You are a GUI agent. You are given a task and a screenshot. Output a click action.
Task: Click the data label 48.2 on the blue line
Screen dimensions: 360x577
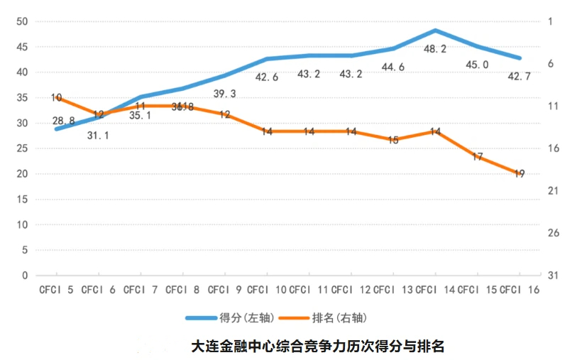(x=434, y=49)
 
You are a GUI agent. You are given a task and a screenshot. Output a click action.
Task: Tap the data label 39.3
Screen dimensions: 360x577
(x=225, y=94)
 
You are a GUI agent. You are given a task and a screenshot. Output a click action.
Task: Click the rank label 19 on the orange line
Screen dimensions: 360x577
(x=519, y=173)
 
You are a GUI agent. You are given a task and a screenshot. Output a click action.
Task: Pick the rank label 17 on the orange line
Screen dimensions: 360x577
(x=477, y=156)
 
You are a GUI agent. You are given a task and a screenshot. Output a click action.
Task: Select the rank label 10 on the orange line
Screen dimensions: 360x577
(x=57, y=97)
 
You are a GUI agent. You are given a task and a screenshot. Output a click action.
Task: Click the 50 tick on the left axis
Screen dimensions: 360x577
(x=21, y=21)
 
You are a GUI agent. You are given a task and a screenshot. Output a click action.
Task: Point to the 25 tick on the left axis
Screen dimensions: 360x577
(x=21, y=148)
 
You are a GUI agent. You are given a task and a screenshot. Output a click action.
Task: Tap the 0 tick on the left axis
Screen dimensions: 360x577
(x=24, y=276)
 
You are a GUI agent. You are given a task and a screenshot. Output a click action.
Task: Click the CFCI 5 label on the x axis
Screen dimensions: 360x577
(x=57, y=290)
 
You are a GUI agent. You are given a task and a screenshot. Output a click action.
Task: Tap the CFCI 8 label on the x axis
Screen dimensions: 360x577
(x=182, y=290)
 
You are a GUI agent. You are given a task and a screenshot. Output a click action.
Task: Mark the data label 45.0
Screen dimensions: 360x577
(x=476, y=65)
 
